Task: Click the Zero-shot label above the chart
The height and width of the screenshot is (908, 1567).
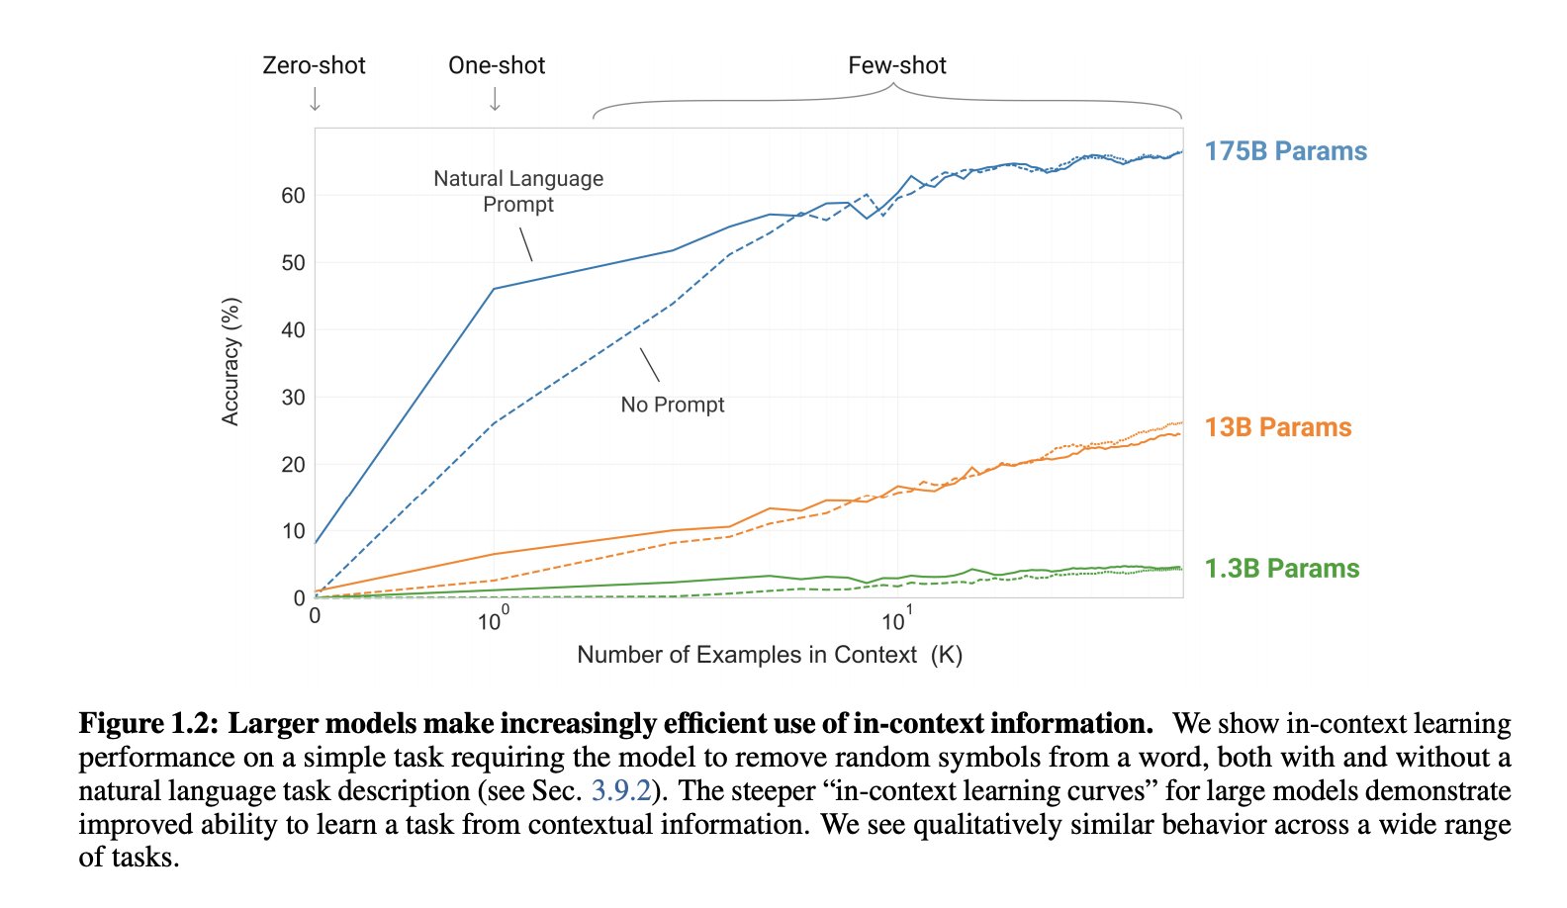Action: (314, 65)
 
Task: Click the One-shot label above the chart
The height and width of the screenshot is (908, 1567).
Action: (497, 65)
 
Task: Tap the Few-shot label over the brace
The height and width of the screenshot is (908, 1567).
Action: (896, 65)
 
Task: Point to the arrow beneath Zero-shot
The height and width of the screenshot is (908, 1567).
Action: (315, 99)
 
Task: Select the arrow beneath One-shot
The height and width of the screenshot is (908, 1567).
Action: (495, 99)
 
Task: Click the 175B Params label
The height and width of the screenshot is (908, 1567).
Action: (1285, 151)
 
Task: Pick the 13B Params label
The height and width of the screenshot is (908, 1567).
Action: (1277, 427)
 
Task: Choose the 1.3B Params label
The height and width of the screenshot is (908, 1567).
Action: (1281, 569)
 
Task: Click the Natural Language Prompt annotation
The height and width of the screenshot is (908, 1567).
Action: (518, 191)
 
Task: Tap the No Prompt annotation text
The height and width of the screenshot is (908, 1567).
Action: (672, 405)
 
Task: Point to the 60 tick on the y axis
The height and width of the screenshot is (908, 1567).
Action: (293, 196)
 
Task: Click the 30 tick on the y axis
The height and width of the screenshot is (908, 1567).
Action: (293, 398)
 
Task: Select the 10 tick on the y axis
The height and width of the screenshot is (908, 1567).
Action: (293, 531)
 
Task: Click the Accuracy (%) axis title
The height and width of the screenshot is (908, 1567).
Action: (230, 361)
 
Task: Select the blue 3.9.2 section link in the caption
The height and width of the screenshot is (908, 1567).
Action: (621, 791)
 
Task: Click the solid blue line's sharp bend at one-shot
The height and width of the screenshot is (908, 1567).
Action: (494, 289)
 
